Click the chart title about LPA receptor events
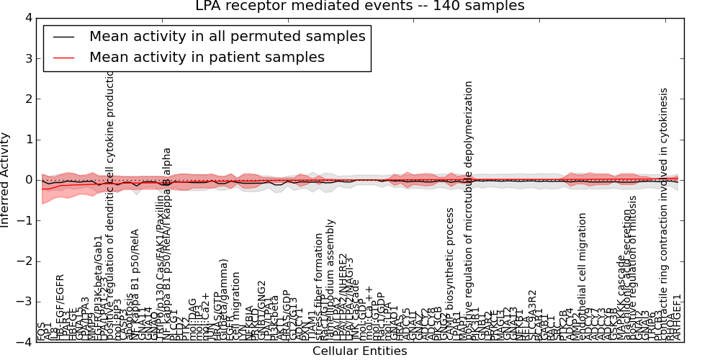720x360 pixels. click(360, 6)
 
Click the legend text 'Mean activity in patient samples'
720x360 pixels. click(207, 58)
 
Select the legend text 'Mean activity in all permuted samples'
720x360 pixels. click(227, 36)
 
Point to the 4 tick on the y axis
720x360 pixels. click(27, 18)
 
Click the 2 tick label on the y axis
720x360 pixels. click(27, 99)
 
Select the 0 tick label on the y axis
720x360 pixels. click(27, 180)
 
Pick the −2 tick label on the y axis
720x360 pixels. click(24, 261)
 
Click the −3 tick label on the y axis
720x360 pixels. click(24, 302)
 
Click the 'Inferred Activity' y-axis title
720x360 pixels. click(6, 180)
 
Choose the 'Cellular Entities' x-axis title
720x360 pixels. click(359, 351)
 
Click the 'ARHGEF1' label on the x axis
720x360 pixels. click(676, 318)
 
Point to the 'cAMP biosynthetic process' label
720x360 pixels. click(450, 274)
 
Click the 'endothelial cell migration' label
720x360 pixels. click(582, 277)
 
